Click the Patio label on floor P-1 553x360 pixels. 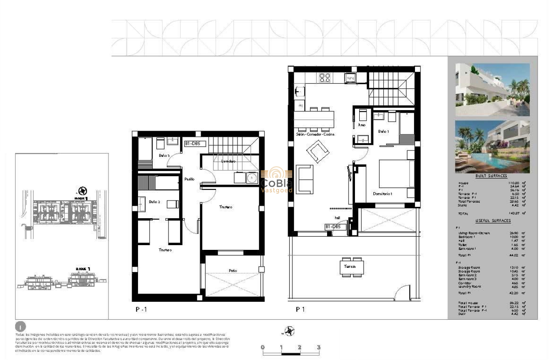click(x=233, y=271)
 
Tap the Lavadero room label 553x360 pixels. click(x=228, y=162)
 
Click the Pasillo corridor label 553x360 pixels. click(x=189, y=179)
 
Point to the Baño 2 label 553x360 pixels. click(x=154, y=201)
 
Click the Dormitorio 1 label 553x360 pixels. click(x=382, y=194)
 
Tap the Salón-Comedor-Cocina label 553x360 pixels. click(x=315, y=135)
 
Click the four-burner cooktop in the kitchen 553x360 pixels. click(x=324, y=78)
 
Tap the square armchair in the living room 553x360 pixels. click(x=318, y=152)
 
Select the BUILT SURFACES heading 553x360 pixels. click(x=491, y=176)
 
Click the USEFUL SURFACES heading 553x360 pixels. click(x=493, y=221)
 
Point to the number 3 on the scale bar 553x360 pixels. click(x=319, y=347)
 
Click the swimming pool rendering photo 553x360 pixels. click(x=492, y=146)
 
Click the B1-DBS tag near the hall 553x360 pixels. click(x=333, y=227)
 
